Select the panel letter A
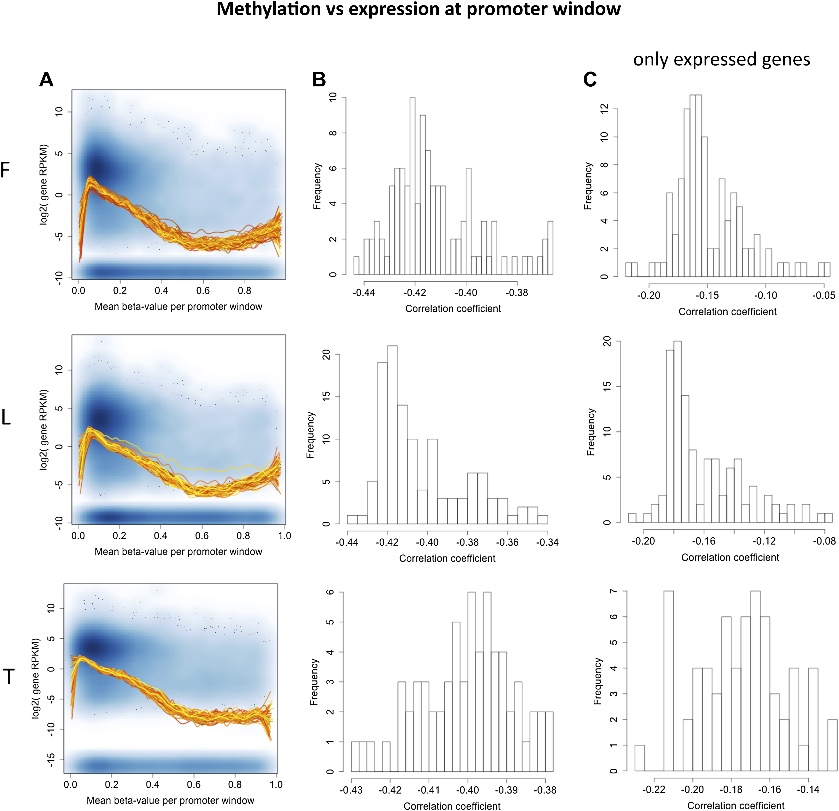click(46, 80)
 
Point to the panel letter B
click(319, 80)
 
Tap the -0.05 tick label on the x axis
click(824, 295)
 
